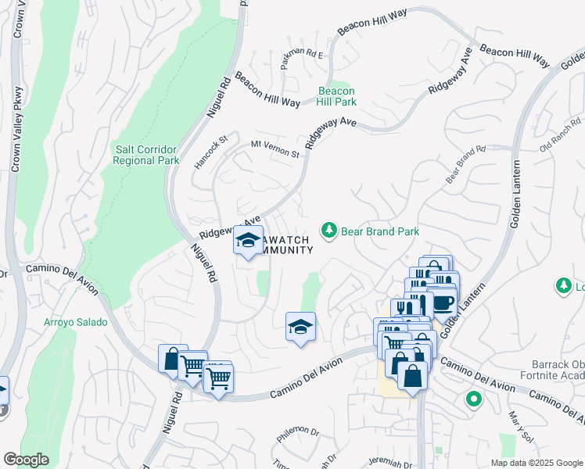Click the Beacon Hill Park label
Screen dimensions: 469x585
coord(337,97)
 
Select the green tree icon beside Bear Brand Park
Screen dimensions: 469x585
coord(329,231)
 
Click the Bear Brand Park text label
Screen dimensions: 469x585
coord(380,231)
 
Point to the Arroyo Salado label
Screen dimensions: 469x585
coord(76,322)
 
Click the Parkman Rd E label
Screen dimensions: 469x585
coord(302,55)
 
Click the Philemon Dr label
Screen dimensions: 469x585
coord(298,431)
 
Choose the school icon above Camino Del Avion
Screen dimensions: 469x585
coord(300,327)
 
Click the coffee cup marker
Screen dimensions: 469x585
coord(442,301)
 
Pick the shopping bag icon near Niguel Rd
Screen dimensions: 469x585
coord(173,359)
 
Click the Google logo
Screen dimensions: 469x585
coord(27,459)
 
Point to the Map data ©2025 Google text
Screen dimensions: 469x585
coord(536,463)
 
